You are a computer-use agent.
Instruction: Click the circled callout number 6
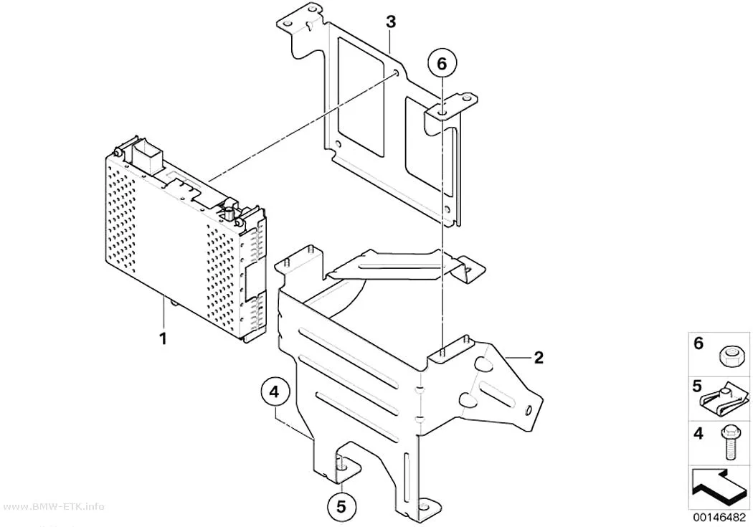442,63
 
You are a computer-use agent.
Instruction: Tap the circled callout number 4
273,392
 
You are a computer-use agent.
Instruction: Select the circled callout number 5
341,507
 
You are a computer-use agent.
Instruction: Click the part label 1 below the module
164,338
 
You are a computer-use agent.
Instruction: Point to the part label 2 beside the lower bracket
539,358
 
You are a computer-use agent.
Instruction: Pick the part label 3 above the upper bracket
391,22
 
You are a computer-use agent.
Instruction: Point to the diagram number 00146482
719,518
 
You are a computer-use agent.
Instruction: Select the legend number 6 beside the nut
698,343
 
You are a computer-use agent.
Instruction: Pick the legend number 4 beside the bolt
698,433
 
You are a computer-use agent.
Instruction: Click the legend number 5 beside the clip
697,387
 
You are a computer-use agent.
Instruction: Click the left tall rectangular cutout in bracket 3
361,97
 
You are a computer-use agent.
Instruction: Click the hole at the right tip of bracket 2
528,409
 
